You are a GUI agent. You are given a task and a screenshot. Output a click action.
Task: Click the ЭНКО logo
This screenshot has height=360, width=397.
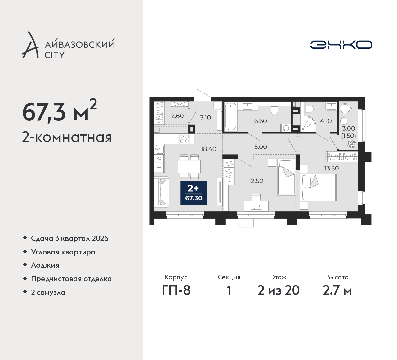(341, 45)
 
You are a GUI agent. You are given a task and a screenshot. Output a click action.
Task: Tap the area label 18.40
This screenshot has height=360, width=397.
(208, 149)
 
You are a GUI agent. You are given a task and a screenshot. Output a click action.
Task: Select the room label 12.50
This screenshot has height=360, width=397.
(256, 181)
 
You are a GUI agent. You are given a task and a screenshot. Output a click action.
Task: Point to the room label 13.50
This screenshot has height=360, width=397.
(331, 168)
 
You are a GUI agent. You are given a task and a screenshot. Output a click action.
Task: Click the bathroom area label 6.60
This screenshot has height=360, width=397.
(261, 121)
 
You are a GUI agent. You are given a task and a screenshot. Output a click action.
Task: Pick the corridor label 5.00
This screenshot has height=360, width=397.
(261, 147)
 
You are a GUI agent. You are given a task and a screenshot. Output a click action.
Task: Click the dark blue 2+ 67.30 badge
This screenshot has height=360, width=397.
(194, 193)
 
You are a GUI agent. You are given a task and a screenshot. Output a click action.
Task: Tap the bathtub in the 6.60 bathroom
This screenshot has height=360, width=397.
(231, 117)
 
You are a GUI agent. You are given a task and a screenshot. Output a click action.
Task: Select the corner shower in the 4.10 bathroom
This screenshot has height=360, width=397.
(308, 124)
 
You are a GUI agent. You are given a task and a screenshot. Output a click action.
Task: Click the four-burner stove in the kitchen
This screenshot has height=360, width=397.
(185, 139)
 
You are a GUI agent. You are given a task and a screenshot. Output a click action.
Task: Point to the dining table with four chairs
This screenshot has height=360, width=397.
(189, 167)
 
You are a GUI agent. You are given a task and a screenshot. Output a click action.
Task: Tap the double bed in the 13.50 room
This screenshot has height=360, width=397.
(318, 187)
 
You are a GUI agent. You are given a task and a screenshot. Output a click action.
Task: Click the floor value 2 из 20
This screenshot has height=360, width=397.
(278, 290)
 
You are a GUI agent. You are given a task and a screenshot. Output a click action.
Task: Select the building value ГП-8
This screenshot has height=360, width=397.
(176, 290)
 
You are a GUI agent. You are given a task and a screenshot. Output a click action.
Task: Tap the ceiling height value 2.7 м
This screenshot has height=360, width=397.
(337, 290)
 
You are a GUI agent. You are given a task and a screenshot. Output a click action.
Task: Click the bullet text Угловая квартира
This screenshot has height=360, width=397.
(63, 252)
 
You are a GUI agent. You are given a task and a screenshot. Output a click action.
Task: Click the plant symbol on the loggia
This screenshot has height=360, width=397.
(351, 144)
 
